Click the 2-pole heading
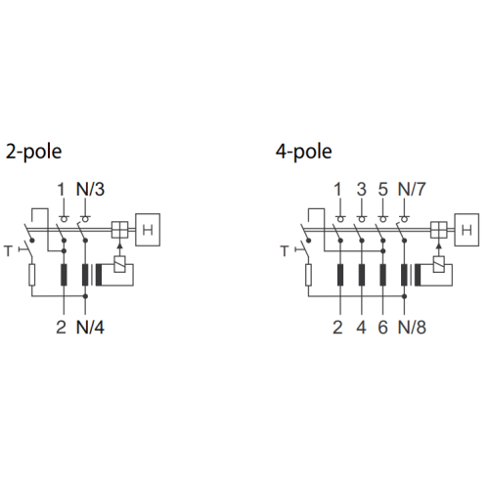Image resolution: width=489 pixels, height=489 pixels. click(34, 152)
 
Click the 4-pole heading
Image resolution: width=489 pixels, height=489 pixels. click(304, 152)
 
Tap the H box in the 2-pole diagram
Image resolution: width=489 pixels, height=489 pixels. click(148, 230)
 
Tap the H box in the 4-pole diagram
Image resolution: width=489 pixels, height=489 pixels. click(467, 230)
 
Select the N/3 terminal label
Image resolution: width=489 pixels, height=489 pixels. click(90, 190)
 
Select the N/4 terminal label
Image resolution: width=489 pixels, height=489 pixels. click(90, 328)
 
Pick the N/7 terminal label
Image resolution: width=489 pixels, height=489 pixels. click(412, 190)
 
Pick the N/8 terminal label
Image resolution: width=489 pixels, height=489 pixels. click(412, 328)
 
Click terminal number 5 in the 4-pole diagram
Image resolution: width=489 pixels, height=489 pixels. click(383, 190)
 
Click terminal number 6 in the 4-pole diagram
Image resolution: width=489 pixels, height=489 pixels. click(383, 328)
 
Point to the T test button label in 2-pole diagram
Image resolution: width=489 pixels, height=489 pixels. click(8, 251)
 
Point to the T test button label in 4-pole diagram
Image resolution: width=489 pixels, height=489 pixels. click(285, 251)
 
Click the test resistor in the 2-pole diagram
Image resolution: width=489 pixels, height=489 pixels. click(31, 275)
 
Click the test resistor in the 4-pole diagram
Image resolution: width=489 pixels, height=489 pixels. click(308, 275)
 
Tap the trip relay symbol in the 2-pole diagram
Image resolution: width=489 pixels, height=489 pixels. click(120, 264)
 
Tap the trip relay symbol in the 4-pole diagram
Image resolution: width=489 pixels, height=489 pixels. click(439, 264)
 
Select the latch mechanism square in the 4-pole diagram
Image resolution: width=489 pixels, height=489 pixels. click(439, 230)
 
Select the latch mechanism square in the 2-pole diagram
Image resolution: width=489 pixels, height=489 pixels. click(120, 230)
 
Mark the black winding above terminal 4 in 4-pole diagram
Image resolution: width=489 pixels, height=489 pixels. click(362, 275)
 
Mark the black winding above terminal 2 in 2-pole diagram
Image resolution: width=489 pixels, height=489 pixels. click(64, 275)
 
